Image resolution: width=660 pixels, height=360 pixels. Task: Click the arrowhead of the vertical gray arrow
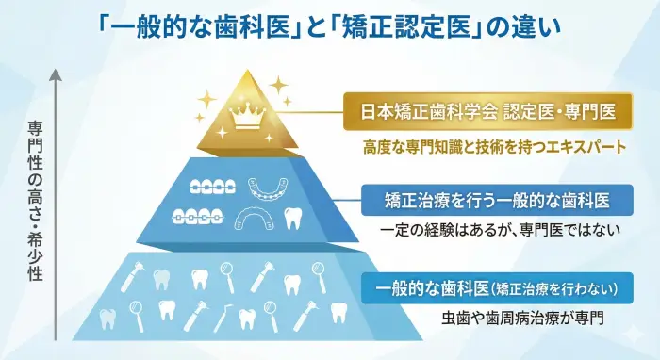[x=58, y=70]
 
